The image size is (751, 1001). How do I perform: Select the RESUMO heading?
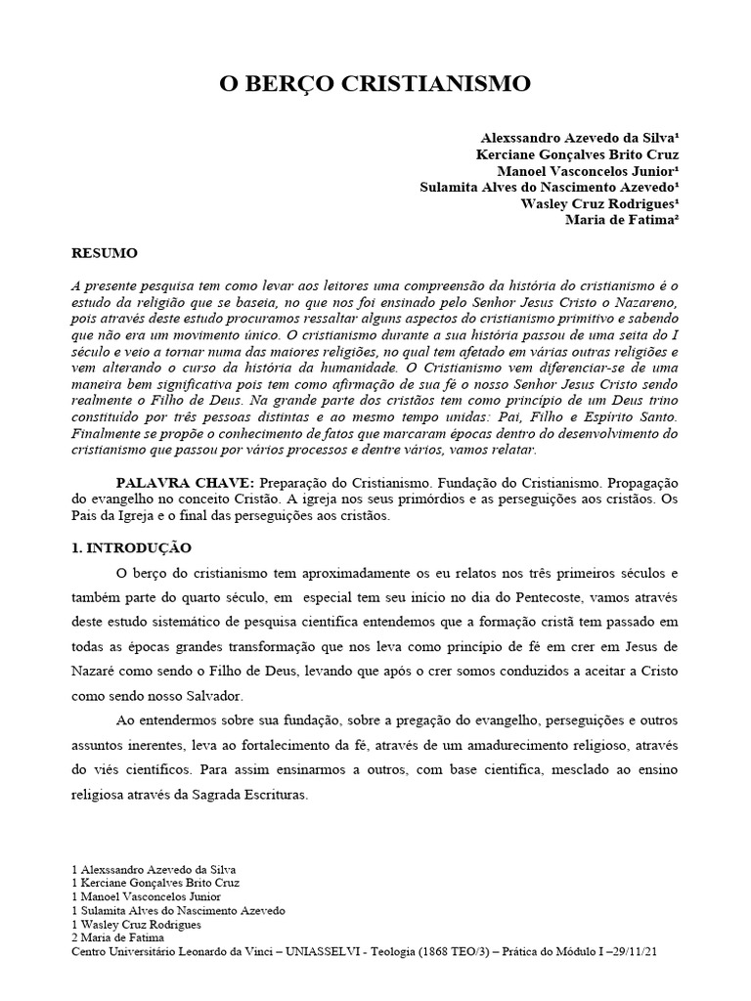(105, 252)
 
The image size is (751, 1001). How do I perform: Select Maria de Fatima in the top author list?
(622, 220)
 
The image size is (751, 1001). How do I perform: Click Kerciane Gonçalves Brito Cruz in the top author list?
(577, 154)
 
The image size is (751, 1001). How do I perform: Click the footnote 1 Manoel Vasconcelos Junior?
(147, 895)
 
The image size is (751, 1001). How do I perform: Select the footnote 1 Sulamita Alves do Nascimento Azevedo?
(179, 909)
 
